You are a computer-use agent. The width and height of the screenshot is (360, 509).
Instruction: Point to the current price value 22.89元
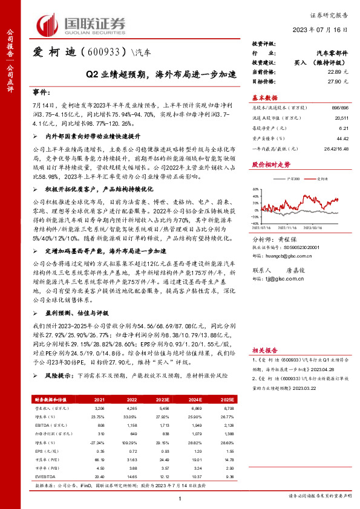pyautogui.click(x=337, y=72)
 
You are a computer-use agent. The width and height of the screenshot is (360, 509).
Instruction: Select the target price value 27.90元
pyautogui.click(x=337, y=81)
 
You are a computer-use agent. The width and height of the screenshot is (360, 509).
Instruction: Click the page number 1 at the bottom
pyautogui.click(x=180, y=497)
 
